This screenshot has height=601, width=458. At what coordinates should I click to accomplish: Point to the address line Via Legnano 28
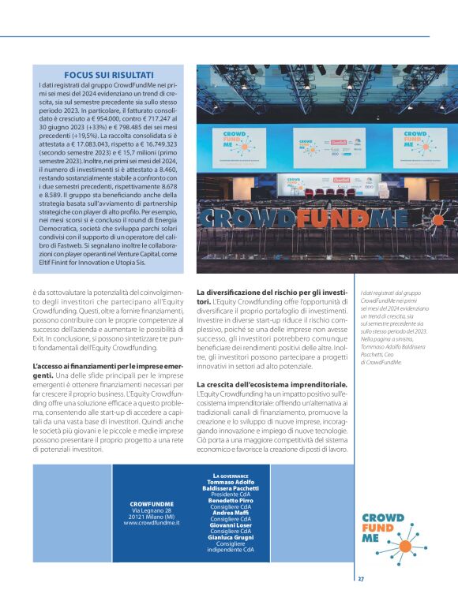[152, 509]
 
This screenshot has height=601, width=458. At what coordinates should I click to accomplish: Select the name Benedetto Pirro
[231, 499]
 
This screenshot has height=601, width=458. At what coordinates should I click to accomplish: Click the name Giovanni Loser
[231, 524]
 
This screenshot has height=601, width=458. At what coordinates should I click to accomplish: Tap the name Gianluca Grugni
[231, 537]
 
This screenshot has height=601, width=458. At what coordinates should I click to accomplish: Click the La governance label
[231, 476]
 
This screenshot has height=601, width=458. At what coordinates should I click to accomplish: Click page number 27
[361, 577]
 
